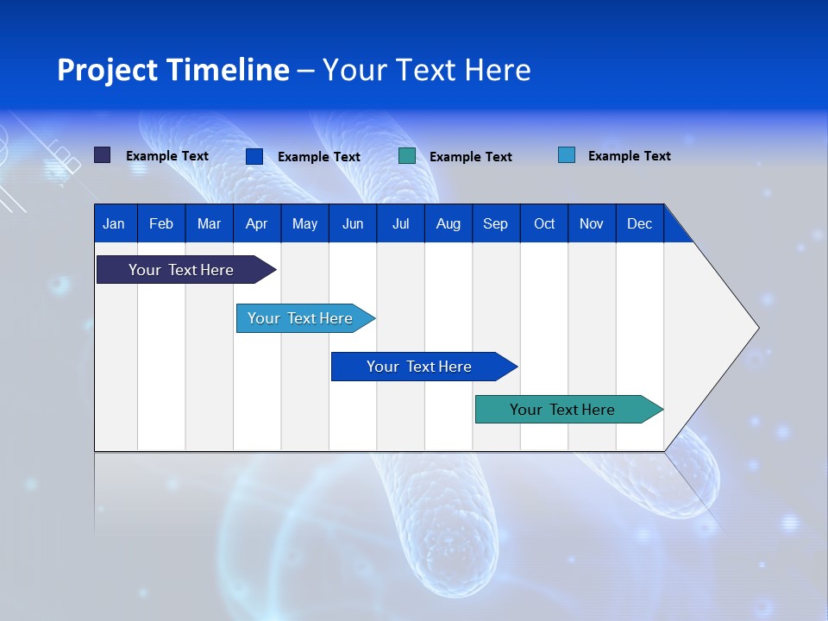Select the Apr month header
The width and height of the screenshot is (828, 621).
(257, 223)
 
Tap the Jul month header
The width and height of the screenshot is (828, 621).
(401, 223)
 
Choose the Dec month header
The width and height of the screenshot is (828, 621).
(640, 223)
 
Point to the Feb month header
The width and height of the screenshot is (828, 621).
(161, 223)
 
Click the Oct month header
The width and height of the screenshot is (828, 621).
(544, 223)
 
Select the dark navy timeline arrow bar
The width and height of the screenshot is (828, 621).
(186, 270)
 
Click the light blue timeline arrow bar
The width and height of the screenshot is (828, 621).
(305, 318)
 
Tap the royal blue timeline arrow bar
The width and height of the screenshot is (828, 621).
(424, 367)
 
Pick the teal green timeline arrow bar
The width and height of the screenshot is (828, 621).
(569, 409)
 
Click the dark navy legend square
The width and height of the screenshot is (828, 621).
(103, 155)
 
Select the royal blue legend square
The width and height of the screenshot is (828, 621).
(254, 156)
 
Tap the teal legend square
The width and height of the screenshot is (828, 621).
(407, 156)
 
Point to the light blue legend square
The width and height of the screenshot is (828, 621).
(567, 154)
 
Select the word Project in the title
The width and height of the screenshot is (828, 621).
(107, 70)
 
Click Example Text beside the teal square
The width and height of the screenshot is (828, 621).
(471, 157)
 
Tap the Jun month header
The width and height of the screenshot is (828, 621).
(353, 223)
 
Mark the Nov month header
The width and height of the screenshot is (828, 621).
(592, 223)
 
